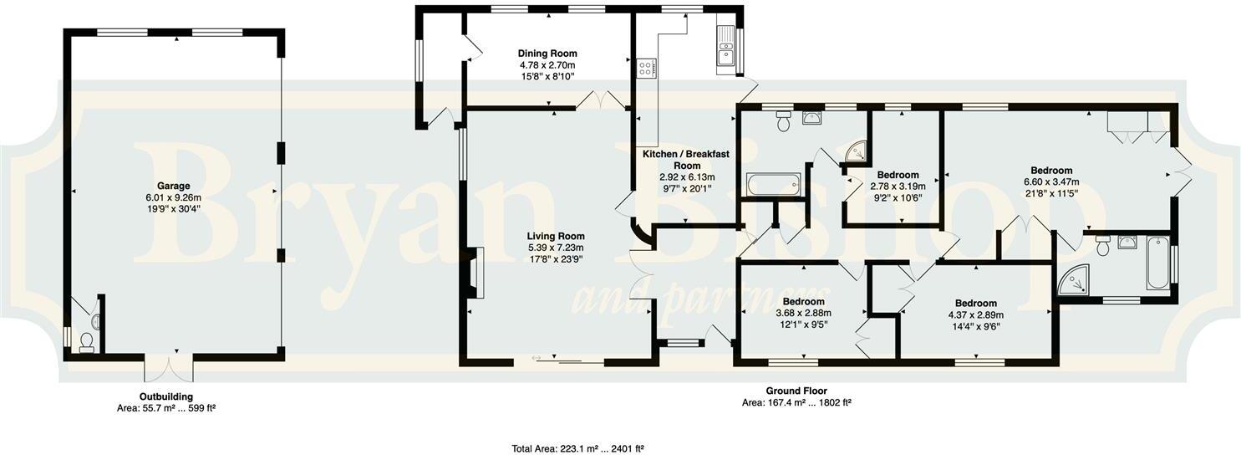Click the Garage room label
pos(174,186)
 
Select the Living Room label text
pos(556,236)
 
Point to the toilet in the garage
pos(86,341)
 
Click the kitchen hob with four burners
pos(647,67)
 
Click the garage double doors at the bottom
pos(170,368)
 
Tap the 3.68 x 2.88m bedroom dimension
pos(804,313)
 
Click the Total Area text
pos(577,448)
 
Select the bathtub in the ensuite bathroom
pos(1158,263)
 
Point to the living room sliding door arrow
pos(537,359)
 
